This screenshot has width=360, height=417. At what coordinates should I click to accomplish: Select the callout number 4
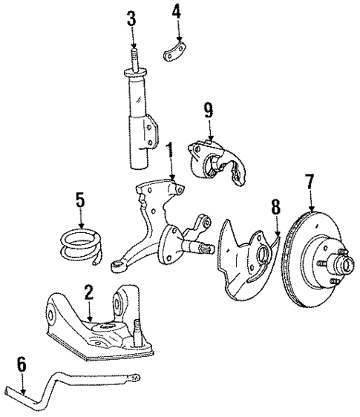177,13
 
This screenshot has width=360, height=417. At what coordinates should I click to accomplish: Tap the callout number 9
209,111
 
